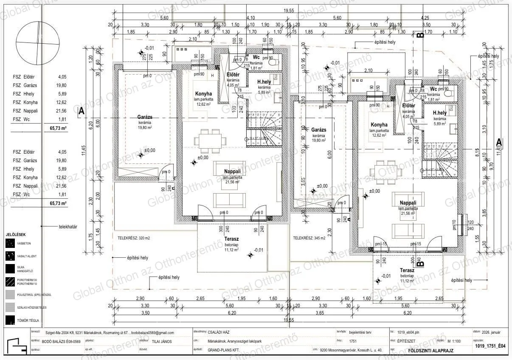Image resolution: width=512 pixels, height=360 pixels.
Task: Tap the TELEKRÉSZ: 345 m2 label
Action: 309,238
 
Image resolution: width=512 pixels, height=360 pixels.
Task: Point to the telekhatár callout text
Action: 68,227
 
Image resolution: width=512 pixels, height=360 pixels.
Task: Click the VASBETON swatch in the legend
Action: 10,243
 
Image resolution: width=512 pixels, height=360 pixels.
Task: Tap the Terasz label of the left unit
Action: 231,239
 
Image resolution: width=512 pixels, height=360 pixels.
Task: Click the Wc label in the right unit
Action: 433,89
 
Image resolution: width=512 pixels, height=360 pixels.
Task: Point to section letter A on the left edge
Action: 81,111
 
